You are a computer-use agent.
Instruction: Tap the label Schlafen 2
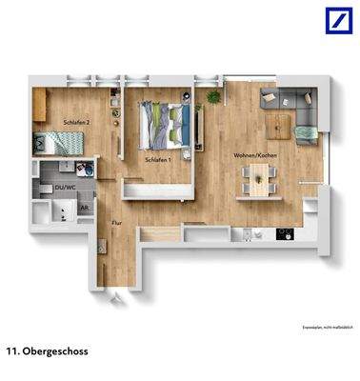click(x=76, y=123)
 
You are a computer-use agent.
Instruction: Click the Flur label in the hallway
click(x=116, y=224)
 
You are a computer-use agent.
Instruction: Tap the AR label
click(x=84, y=207)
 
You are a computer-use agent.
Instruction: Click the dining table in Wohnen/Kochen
click(x=258, y=177)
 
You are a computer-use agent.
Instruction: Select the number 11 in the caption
click(x=12, y=350)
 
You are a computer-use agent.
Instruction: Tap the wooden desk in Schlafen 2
click(x=41, y=105)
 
